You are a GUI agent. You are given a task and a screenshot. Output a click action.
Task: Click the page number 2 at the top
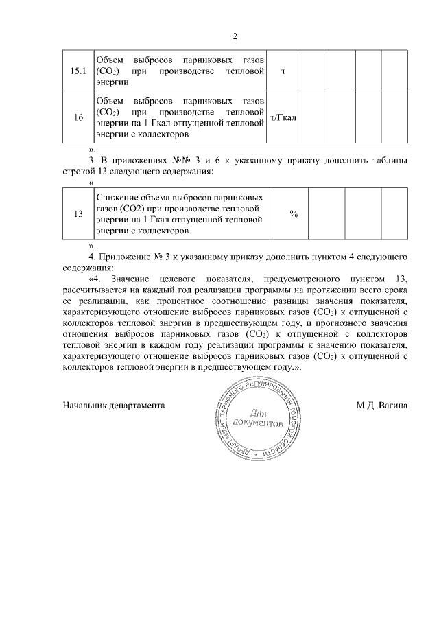coord(235,36)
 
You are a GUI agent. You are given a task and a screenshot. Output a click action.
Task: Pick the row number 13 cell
coord(79,214)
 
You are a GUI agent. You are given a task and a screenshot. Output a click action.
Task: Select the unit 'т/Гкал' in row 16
coord(283,118)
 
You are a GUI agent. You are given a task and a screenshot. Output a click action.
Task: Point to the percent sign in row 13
coord(294,214)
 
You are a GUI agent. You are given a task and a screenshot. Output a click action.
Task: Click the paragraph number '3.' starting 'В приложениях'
coord(93,160)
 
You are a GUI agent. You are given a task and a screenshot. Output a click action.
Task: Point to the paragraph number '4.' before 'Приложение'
coord(93,257)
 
